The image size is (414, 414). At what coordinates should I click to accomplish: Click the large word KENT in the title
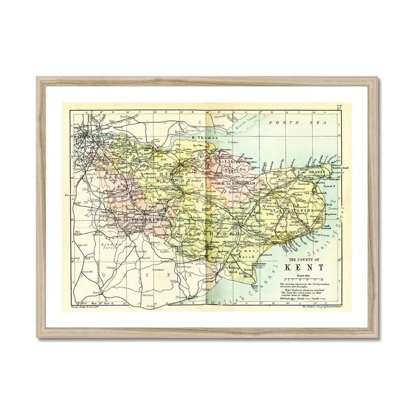[x=304, y=267]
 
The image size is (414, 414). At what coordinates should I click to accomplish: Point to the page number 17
[x=339, y=107]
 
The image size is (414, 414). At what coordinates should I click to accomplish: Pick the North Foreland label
[x=340, y=168]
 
